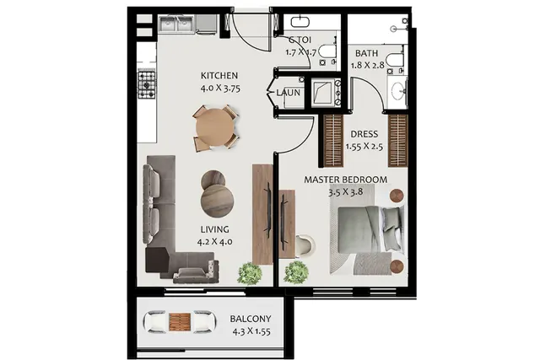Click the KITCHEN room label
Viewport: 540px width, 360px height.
pos(219,76)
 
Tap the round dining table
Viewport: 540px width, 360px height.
pos(214,127)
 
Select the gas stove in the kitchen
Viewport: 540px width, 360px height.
pos(146,83)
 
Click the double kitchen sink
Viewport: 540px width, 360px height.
pos(176,24)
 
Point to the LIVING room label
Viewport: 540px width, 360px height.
pos(214,229)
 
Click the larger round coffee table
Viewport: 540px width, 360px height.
pos(218,201)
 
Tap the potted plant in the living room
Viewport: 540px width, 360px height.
pos(250,273)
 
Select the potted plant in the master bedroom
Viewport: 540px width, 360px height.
pos(296,272)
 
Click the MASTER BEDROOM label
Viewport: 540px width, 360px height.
pos(345,180)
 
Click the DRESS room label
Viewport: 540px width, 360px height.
pos(364,134)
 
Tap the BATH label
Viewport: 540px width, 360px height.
pos(366,53)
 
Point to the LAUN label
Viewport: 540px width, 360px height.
pos(288,93)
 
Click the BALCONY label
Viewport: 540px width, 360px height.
pos(251,319)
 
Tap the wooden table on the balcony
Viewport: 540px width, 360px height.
pos(180,323)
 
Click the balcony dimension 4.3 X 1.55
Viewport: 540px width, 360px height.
pos(251,332)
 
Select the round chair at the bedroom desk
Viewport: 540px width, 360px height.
pos(305,245)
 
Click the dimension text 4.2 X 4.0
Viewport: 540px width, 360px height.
pos(214,242)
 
